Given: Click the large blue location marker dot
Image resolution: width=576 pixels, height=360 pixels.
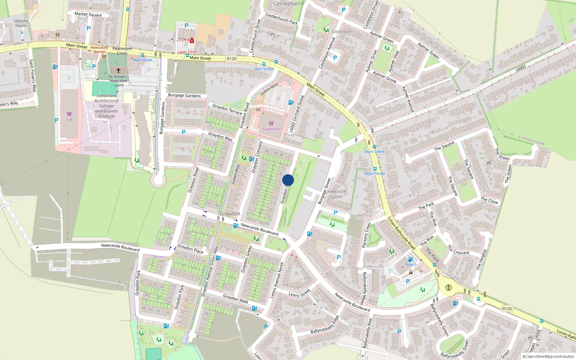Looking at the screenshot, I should pos(288,180).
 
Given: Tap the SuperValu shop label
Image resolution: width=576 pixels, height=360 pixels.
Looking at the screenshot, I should pos(271,129).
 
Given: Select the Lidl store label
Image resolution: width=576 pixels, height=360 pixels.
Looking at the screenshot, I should pos(69,120).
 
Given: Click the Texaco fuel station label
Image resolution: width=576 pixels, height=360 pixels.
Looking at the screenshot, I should pos(410,264).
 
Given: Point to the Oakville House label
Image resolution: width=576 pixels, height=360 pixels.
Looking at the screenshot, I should pos(21,23).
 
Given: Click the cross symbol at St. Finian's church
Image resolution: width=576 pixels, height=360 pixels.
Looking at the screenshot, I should pos(118,71).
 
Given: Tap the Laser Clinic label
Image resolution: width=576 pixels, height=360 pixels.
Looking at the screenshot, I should pos(187,52).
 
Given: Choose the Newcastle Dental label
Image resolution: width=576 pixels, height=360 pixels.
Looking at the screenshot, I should pos(99,50).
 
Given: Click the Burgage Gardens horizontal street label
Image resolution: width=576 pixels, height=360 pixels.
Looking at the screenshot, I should pos(184,95).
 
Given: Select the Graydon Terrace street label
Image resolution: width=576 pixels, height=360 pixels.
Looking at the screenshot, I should pos(227,109).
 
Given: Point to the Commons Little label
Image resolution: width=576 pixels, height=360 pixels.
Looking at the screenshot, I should pos(531,140).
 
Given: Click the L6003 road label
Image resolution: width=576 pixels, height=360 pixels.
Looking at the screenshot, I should pos(521,68).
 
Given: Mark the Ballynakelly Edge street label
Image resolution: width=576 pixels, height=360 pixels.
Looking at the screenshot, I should pos(325,324).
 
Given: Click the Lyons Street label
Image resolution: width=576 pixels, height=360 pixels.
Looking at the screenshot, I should pos(299,293).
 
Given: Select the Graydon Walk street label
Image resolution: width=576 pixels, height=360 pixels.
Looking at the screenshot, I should pos(235,298).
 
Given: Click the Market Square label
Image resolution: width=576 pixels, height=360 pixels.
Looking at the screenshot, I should pos(88,14).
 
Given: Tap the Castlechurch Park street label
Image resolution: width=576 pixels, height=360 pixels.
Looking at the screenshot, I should pos(281,19).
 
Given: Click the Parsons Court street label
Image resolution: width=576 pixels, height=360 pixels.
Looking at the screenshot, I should pos(366,235).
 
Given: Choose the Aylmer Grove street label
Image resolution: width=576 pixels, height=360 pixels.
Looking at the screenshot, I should pos(384,77).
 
